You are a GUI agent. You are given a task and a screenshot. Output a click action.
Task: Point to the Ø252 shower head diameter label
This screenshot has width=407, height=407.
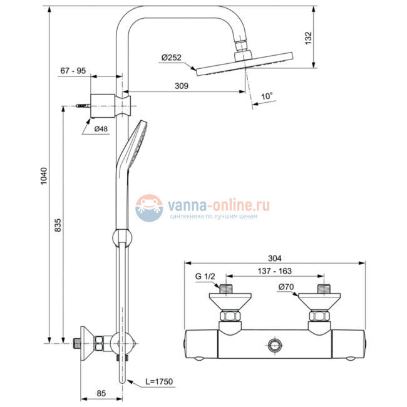pyautogui.click(x=171, y=58)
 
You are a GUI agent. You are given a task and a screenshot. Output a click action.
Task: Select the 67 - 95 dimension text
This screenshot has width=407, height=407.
pyautogui.click(x=73, y=71)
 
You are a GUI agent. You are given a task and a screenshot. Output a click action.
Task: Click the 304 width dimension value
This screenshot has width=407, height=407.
pyautogui.click(x=274, y=257)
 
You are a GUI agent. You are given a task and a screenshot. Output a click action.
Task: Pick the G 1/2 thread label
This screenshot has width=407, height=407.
pyautogui.click(x=205, y=276)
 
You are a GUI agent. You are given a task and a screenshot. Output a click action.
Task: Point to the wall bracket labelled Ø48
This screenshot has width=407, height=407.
pyautogui.click(x=106, y=104)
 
